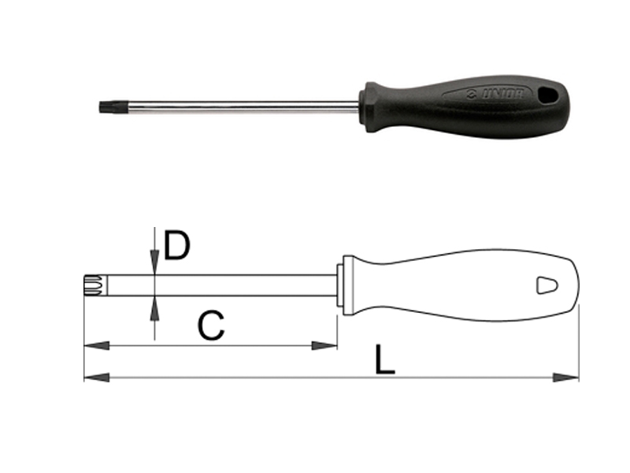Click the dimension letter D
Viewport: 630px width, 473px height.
[x=178, y=245]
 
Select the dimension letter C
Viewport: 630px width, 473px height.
[x=211, y=325]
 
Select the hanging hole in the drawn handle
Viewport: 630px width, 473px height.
[x=546, y=285]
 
